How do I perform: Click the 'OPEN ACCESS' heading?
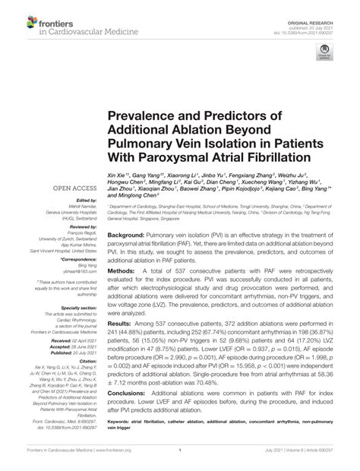point(74,188)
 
